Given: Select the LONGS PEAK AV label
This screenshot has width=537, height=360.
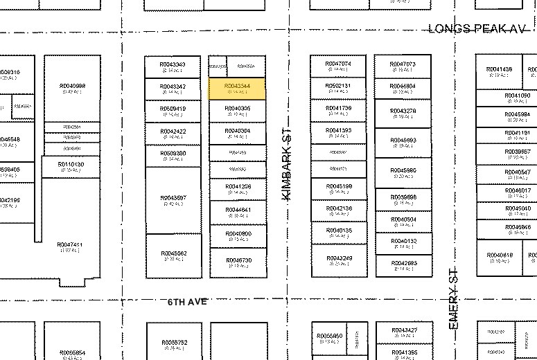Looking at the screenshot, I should (x=477, y=28).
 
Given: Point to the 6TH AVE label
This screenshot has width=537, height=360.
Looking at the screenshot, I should (x=188, y=303).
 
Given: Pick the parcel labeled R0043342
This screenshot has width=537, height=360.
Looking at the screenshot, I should (x=173, y=89).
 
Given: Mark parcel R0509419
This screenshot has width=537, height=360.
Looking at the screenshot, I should (x=173, y=111).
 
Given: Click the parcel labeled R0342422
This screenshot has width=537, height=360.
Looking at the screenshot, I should (x=173, y=133).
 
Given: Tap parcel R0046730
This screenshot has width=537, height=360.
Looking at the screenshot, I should (x=238, y=262).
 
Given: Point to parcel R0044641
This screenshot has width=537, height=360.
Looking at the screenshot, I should (x=238, y=212).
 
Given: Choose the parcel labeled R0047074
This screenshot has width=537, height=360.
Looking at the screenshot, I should (x=338, y=66).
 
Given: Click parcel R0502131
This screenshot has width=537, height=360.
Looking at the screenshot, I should (x=338, y=88).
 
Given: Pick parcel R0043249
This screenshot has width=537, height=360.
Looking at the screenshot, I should (x=338, y=260).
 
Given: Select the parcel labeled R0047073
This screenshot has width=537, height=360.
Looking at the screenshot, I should (x=403, y=66).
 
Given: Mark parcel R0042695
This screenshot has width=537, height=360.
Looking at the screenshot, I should (x=403, y=265).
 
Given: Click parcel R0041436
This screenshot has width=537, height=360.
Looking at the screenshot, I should (x=499, y=72).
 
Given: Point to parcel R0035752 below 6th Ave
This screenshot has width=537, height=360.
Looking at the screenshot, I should (x=174, y=344).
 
